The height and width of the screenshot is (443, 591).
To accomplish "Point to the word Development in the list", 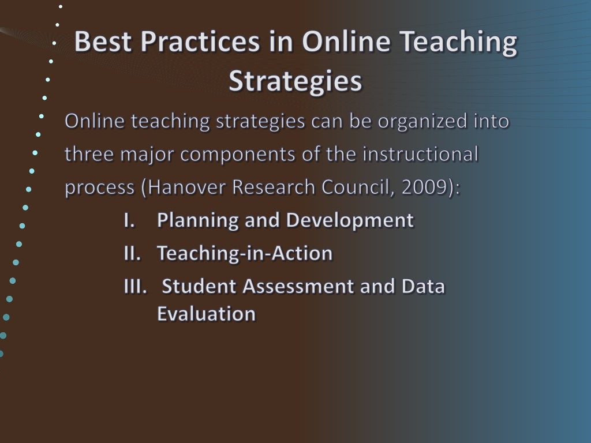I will tap(350, 220).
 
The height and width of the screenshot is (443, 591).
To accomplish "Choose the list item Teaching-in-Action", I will tap(245, 253).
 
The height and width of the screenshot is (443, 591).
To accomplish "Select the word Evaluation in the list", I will tap(206, 314).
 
